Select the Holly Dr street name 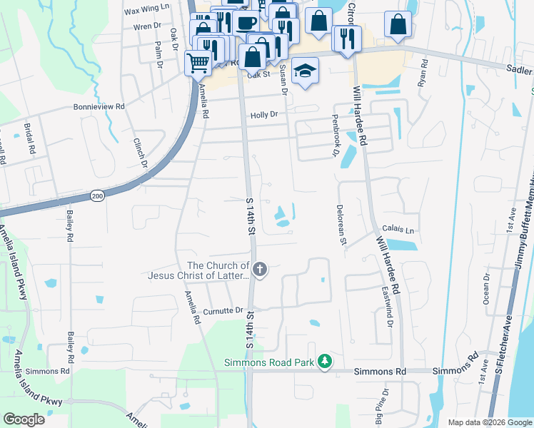tap(263, 114)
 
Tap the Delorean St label tap(342, 226)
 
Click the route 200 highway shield tap(98, 195)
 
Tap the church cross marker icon tap(261, 269)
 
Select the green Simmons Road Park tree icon tap(325, 362)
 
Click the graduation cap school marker tap(305, 71)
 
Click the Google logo tap(23, 419)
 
